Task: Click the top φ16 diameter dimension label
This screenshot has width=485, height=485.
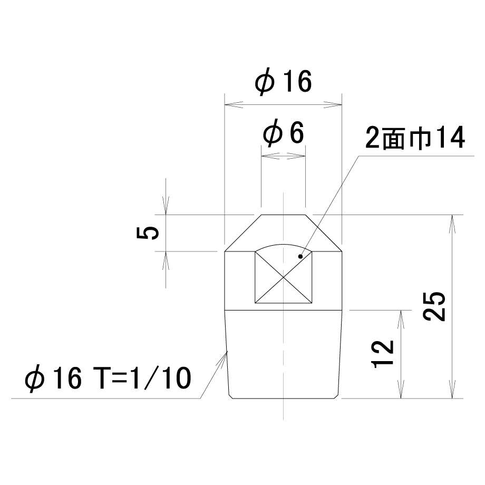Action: click(x=283, y=82)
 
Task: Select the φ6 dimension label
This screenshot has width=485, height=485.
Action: click(x=283, y=133)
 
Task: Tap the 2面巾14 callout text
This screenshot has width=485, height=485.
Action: click(x=415, y=138)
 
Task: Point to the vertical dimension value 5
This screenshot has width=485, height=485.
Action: click(x=148, y=232)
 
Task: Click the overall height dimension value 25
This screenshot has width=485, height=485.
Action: click(x=434, y=306)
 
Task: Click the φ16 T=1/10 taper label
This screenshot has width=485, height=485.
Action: click(x=108, y=379)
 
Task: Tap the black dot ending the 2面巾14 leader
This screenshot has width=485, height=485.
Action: click(x=300, y=256)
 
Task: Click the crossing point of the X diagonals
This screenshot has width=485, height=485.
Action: click(x=283, y=277)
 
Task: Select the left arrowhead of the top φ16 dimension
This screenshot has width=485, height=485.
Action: click(x=234, y=104)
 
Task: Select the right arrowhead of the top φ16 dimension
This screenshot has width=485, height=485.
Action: click(x=333, y=104)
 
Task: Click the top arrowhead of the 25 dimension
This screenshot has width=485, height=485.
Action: click(x=452, y=224)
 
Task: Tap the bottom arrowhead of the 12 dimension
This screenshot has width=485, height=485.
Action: click(x=401, y=389)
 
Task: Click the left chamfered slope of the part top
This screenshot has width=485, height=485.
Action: click(x=243, y=233)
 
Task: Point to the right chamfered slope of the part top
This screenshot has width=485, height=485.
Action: click(x=324, y=233)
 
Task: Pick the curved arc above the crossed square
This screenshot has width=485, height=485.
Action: click(x=283, y=245)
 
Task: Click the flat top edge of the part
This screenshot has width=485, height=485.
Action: click(x=283, y=215)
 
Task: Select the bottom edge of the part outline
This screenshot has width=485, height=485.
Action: click(x=283, y=399)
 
